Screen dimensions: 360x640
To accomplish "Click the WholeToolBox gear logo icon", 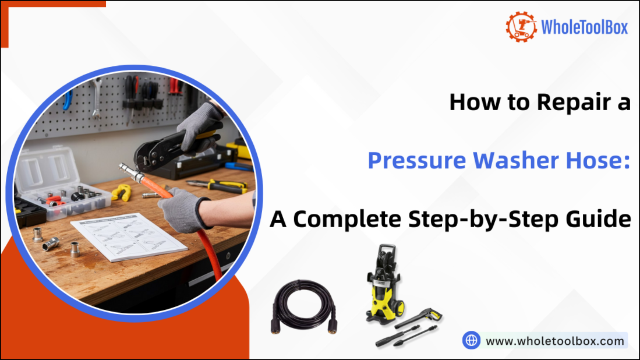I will (x=521, y=27).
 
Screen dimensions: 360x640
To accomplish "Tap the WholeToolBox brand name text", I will (x=584, y=27).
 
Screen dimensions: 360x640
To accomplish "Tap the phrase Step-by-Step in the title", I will (x=489, y=220).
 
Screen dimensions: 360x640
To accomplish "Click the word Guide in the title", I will (x=603, y=220).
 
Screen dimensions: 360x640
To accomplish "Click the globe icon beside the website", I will (x=471, y=340).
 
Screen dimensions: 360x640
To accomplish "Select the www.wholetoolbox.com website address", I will (x=555, y=341).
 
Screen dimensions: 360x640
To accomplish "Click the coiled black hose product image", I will (x=303, y=306).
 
